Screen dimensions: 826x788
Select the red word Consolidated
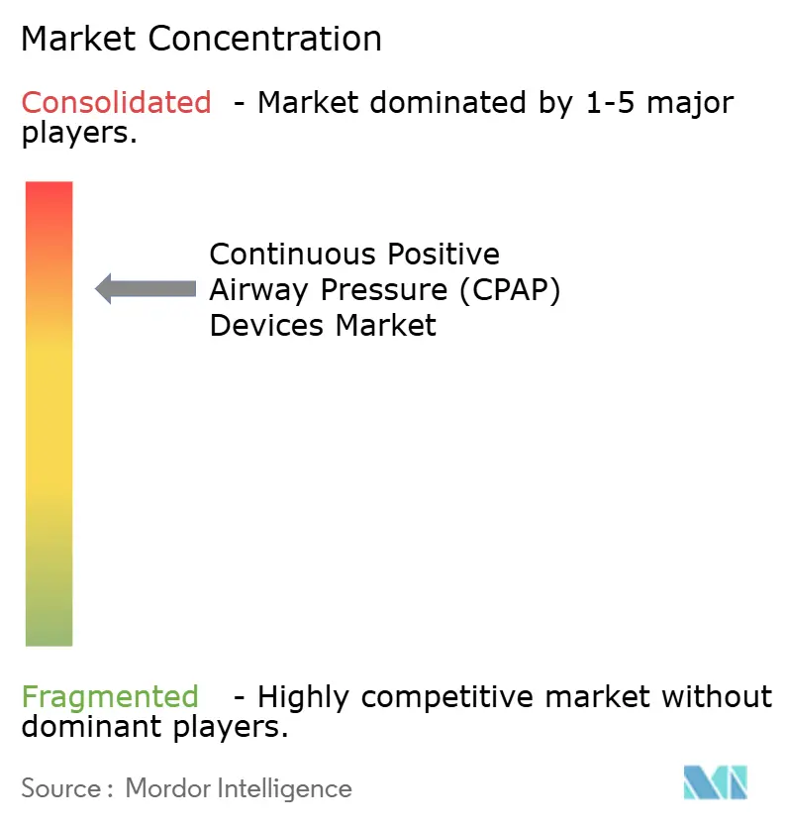point(116,102)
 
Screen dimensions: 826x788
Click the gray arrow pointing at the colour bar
point(146,288)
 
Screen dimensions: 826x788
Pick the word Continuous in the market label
point(294,255)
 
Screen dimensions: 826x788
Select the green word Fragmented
point(110,697)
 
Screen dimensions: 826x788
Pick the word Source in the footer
point(59,788)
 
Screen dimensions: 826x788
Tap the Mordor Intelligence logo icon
point(715,783)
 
